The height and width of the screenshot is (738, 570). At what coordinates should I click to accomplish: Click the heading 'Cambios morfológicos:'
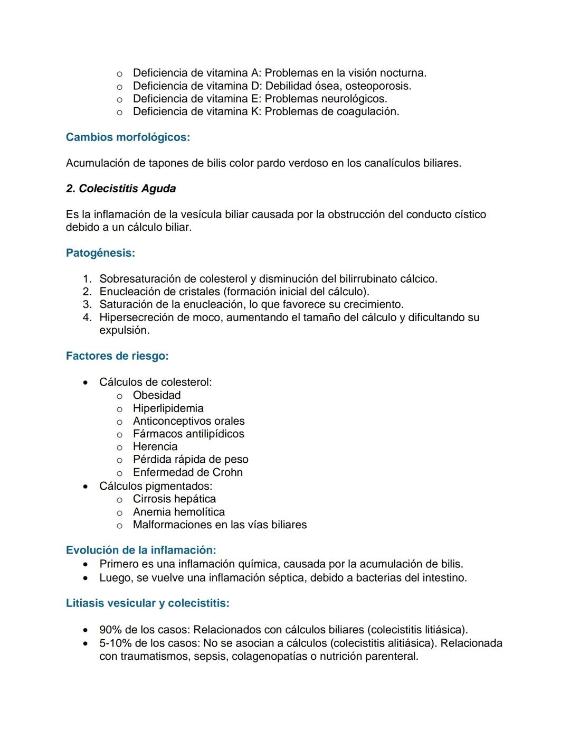click(x=128, y=137)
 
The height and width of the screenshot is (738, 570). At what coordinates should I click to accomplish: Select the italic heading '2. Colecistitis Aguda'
click(x=121, y=189)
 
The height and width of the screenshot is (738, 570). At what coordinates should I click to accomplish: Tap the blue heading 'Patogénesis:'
click(x=100, y=253)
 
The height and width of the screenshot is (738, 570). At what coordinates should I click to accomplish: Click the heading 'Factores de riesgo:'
click(x=117, y=356)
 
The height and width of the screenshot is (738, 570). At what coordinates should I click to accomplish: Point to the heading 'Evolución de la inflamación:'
click(x=141, y=550)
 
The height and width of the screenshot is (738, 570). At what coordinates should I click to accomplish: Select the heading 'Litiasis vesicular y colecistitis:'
click(x=147, y=603)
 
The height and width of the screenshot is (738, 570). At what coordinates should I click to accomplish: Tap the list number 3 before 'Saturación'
click(x=87, y=305)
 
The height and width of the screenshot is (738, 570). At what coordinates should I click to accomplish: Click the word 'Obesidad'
click(x=157, y=395)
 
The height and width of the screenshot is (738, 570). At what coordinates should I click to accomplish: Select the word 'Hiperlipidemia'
click(x=168, y=408)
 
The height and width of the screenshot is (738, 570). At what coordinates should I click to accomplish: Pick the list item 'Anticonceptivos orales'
click(x=188, y=421)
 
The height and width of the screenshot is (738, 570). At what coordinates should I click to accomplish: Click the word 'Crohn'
click(x=227, y=472)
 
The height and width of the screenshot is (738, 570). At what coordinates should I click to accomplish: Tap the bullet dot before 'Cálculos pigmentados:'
click(x=85, y=486)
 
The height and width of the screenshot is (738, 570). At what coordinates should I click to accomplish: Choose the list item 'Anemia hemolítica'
click(x=178, y=512)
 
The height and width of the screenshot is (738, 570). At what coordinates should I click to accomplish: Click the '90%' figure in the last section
click(x=110, y=630)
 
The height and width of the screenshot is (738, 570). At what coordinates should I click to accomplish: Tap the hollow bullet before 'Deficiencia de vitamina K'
click(x=119, y=112)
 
